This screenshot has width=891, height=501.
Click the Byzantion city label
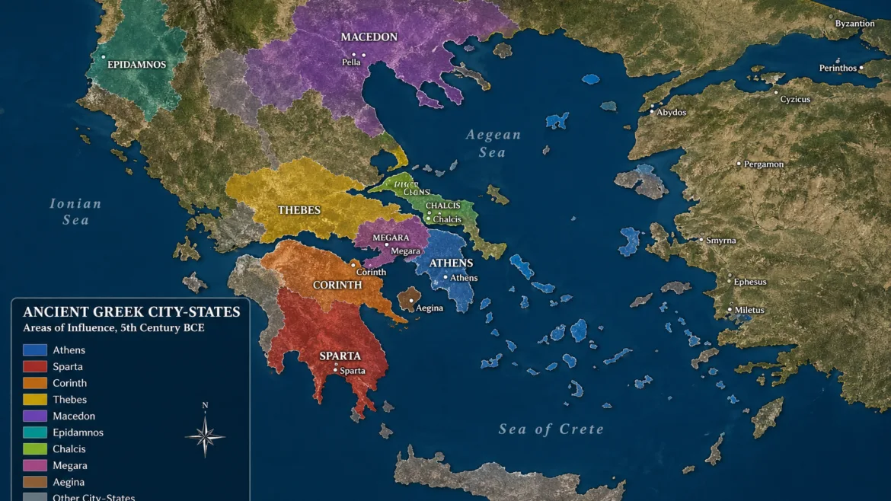[854, 24]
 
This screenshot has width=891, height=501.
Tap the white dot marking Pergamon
[739, 164]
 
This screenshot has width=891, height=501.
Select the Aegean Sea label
[493, 143]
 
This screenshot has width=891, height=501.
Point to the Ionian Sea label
[75, 212]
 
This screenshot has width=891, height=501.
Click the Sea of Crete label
[551, 429]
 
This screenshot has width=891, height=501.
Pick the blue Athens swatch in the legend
[35, 350]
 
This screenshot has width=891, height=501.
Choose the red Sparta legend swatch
[35, 367]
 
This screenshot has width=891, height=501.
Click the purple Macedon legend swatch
[35, 416]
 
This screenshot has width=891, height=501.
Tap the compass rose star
[205, 437]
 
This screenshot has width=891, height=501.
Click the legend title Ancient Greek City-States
[132, 312]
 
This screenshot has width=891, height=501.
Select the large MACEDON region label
[369, 37]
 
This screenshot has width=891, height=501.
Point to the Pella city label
[351, 62]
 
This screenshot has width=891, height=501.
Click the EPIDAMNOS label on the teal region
[137, 65]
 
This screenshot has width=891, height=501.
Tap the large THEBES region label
[299, 210]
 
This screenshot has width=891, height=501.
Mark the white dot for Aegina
[411, 300]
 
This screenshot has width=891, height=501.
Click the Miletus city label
[749, 310]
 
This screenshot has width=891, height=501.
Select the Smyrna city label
[721, 241]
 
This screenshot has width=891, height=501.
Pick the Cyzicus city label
[795, 100]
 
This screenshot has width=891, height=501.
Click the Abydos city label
[672, 113]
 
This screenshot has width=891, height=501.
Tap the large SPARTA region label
[340, 356]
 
